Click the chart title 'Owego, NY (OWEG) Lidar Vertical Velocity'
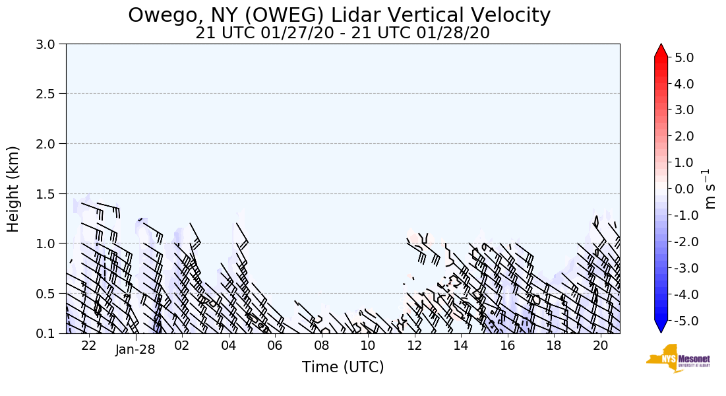pos(339,15)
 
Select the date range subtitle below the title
pos(342,33)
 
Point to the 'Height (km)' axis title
pos(13,189)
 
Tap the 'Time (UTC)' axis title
pos(343,367)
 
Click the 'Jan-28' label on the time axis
pos(135,350)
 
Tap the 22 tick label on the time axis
pos(89,345)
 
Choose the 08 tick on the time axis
pos(321,345)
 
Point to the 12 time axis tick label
pos(414,345)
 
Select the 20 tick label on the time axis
pos(600,345)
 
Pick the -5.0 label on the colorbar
pos(681,321)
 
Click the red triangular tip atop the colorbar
pos(661,50)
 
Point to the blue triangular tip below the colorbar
pos(661,327)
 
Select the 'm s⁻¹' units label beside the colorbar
pos(710,189)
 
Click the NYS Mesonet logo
pos(673,358)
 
